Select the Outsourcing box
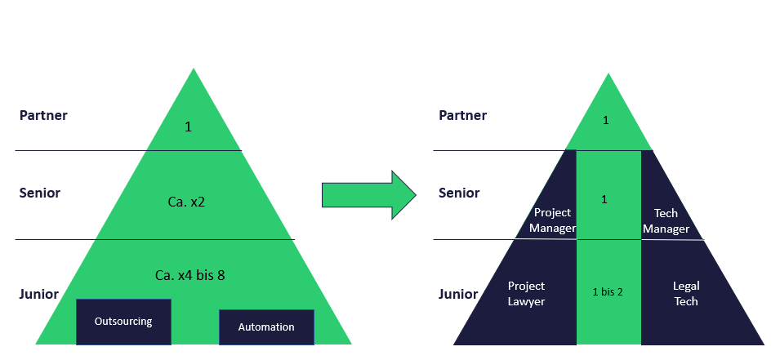123,321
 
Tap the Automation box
266,327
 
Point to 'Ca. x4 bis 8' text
189,275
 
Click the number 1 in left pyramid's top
188,127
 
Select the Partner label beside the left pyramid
43,115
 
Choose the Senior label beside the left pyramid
40,193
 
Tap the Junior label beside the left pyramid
39,294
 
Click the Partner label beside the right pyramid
462,115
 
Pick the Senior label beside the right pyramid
459,193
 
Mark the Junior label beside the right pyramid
458,294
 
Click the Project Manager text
552,220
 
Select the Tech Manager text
666,220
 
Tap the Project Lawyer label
526,294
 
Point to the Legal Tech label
686,294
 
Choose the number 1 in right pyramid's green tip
605,121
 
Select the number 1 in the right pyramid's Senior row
604,199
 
